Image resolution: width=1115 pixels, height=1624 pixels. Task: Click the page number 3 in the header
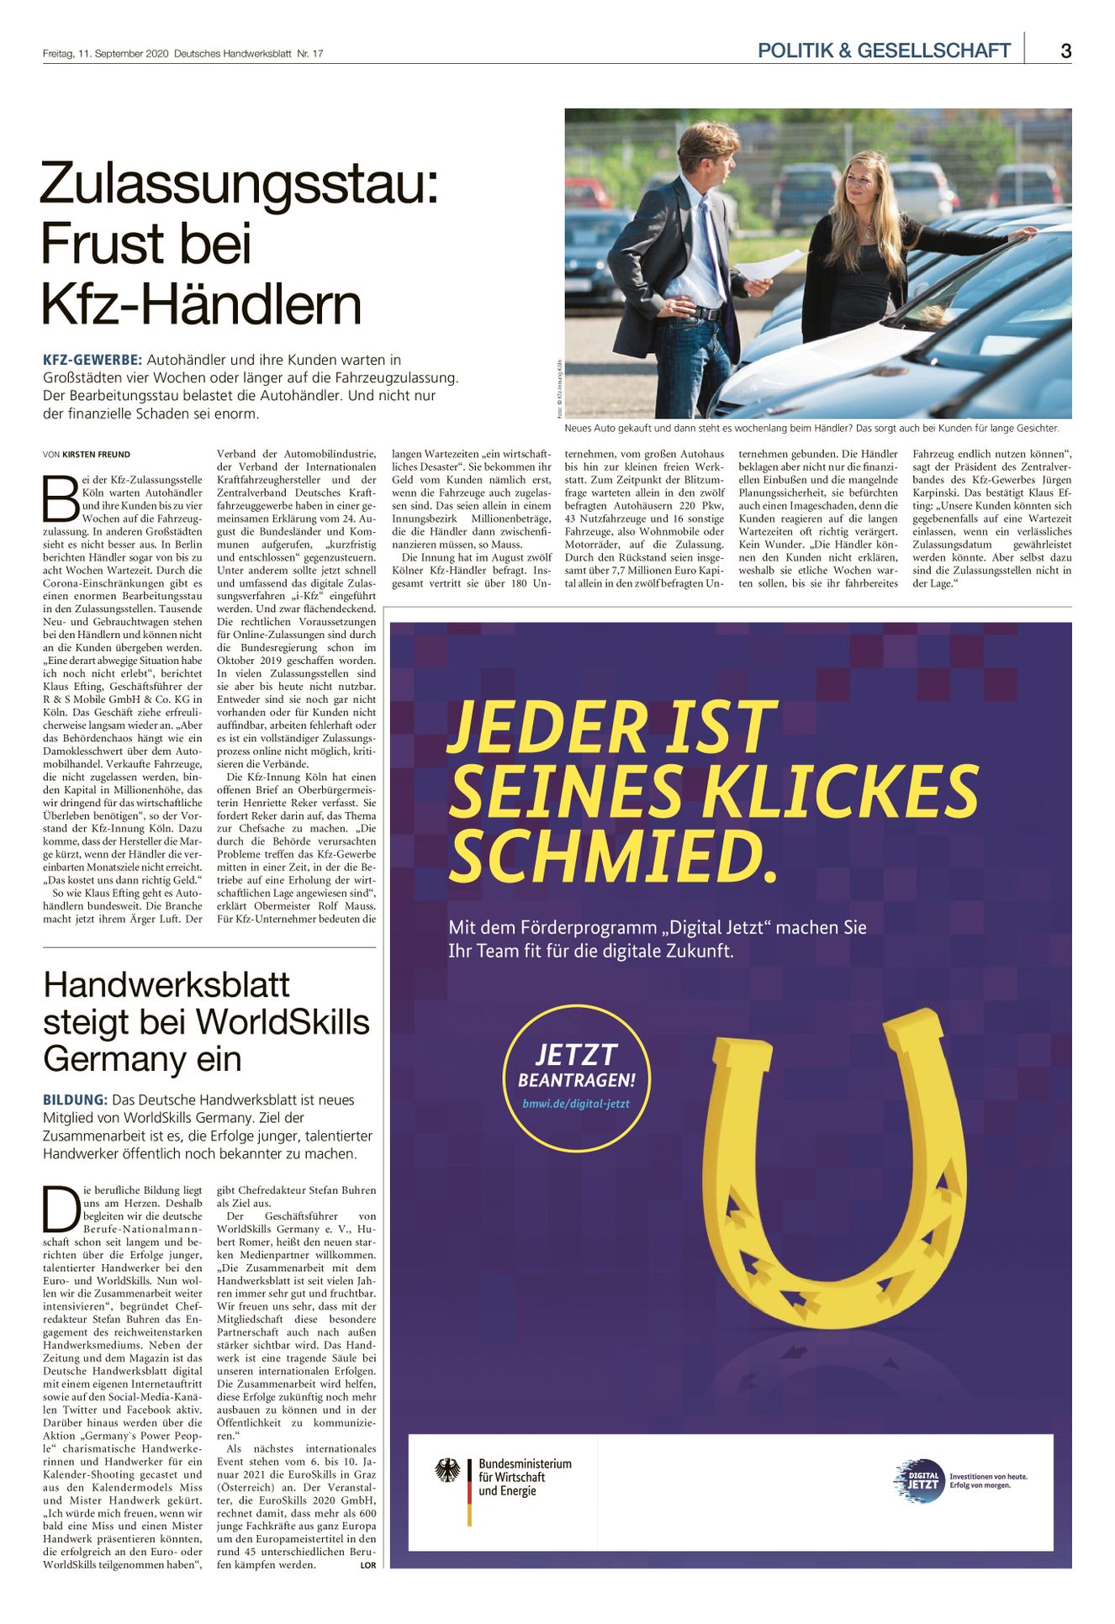1065,50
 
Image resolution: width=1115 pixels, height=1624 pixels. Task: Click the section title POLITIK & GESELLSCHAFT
883,50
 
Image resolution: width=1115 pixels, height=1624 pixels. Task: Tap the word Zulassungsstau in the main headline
239,184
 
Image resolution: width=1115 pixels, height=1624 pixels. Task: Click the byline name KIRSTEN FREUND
96,455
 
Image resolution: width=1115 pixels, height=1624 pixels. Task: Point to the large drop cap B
60,498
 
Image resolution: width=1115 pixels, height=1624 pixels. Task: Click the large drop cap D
61,1210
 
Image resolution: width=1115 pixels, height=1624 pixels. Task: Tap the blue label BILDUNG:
75,1099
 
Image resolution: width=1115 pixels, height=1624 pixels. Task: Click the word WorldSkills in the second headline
287,1022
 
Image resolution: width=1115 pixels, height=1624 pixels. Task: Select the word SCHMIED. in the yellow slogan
614,857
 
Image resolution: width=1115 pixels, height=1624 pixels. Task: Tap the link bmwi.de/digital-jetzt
576,1104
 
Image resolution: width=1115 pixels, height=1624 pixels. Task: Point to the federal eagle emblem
447,1470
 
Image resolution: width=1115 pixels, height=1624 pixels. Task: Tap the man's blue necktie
711,244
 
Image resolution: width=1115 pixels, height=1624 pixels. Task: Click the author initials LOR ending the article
367,1564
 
